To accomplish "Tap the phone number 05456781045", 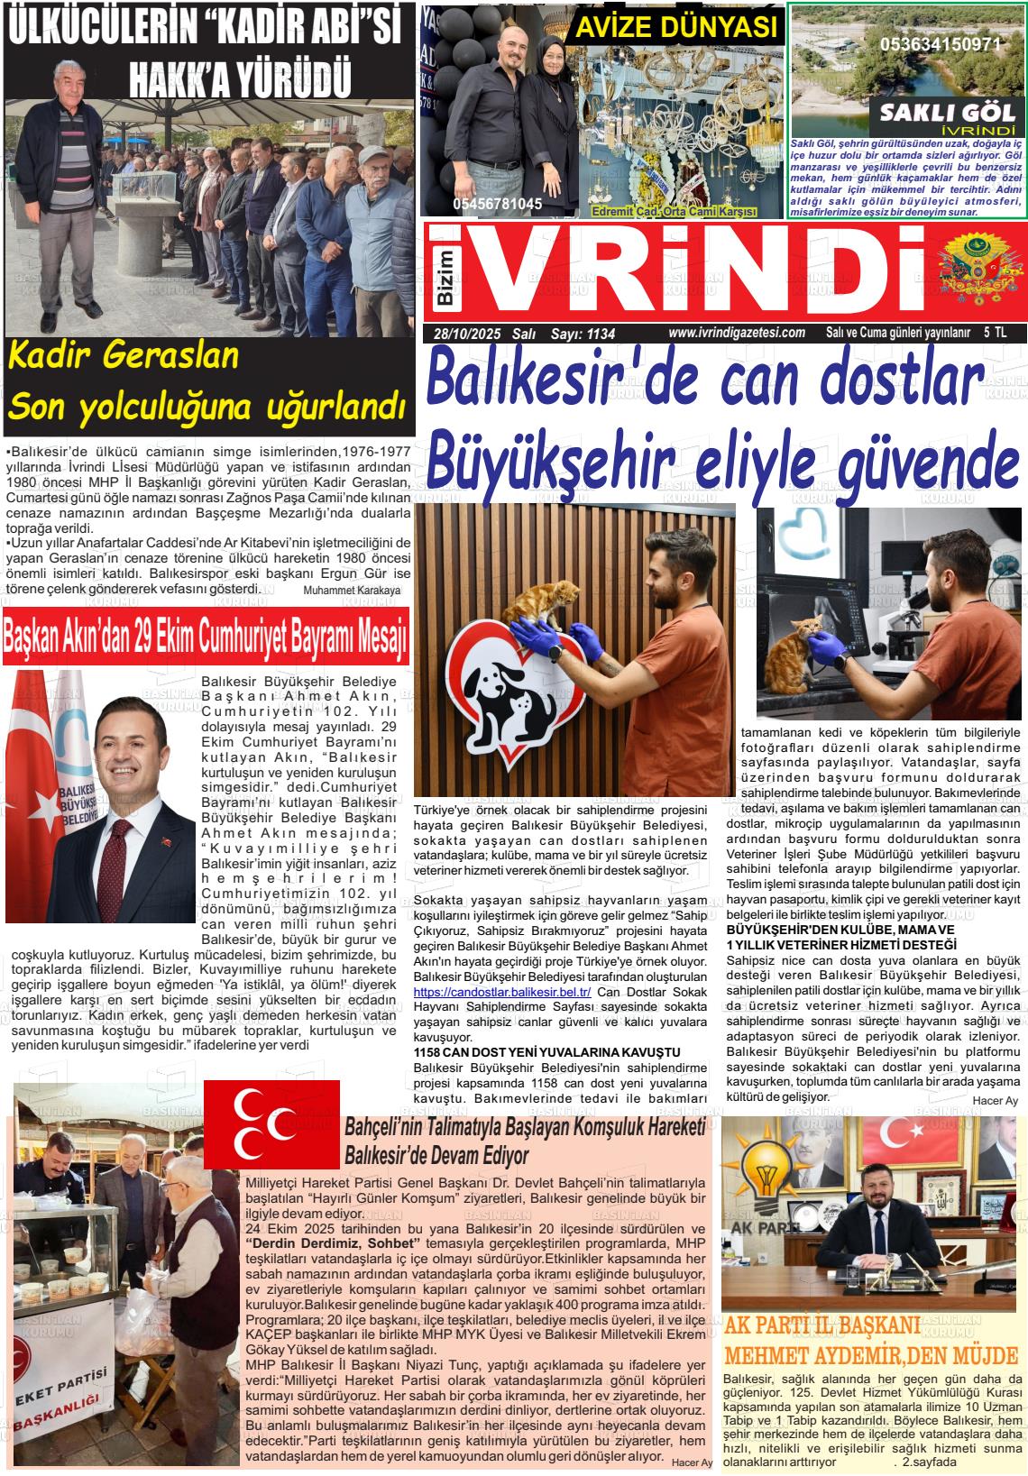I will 497,205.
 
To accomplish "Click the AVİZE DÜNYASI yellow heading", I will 675,28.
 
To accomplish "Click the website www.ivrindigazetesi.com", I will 737,333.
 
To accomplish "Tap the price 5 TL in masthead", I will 996,333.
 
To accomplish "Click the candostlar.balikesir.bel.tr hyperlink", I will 501,992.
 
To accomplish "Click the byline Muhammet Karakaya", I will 352,590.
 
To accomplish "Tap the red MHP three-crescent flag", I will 271,1123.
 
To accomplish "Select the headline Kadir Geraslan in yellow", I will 123,355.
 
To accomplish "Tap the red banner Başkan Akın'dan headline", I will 206,640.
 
